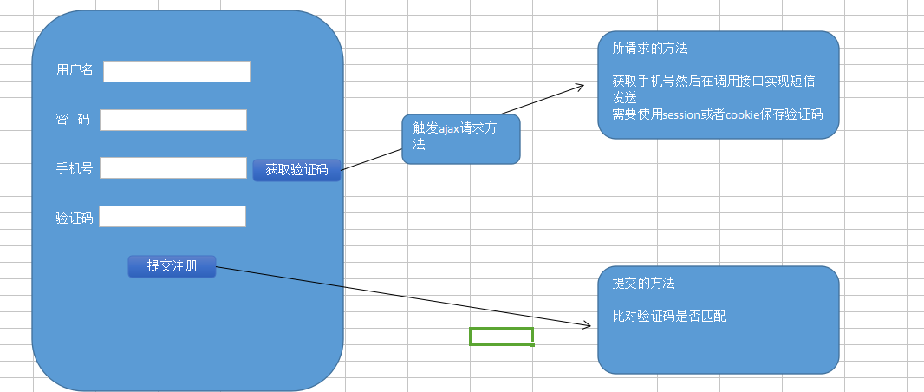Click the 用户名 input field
pyautogui.click(x=177, y=71)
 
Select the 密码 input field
pyautogui.click(x=173, y=120)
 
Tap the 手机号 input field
pyautogui.click(x=173, y=167)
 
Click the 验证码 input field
pyautogui.click(x=172, y=216)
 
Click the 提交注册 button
pyautogui.click(x=172, y=266)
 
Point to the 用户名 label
pyautogui.click(x=75, y=70)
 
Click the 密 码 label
pyautogui.click(x=73, y=120)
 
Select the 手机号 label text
pyautogui.click(x=75, y=169)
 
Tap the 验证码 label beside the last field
pyautogui.click(x=75, y=218)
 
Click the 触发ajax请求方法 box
pyautogui.click(x=460, y=138)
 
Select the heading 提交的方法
pyautogui.click(x=644, y=284)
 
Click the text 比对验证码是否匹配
pyautogui.click(x=669, y=317)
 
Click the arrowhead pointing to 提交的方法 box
pyautogui.click(x=587, y=325)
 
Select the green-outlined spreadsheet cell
pyautogui.click(x=501, y=336)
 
